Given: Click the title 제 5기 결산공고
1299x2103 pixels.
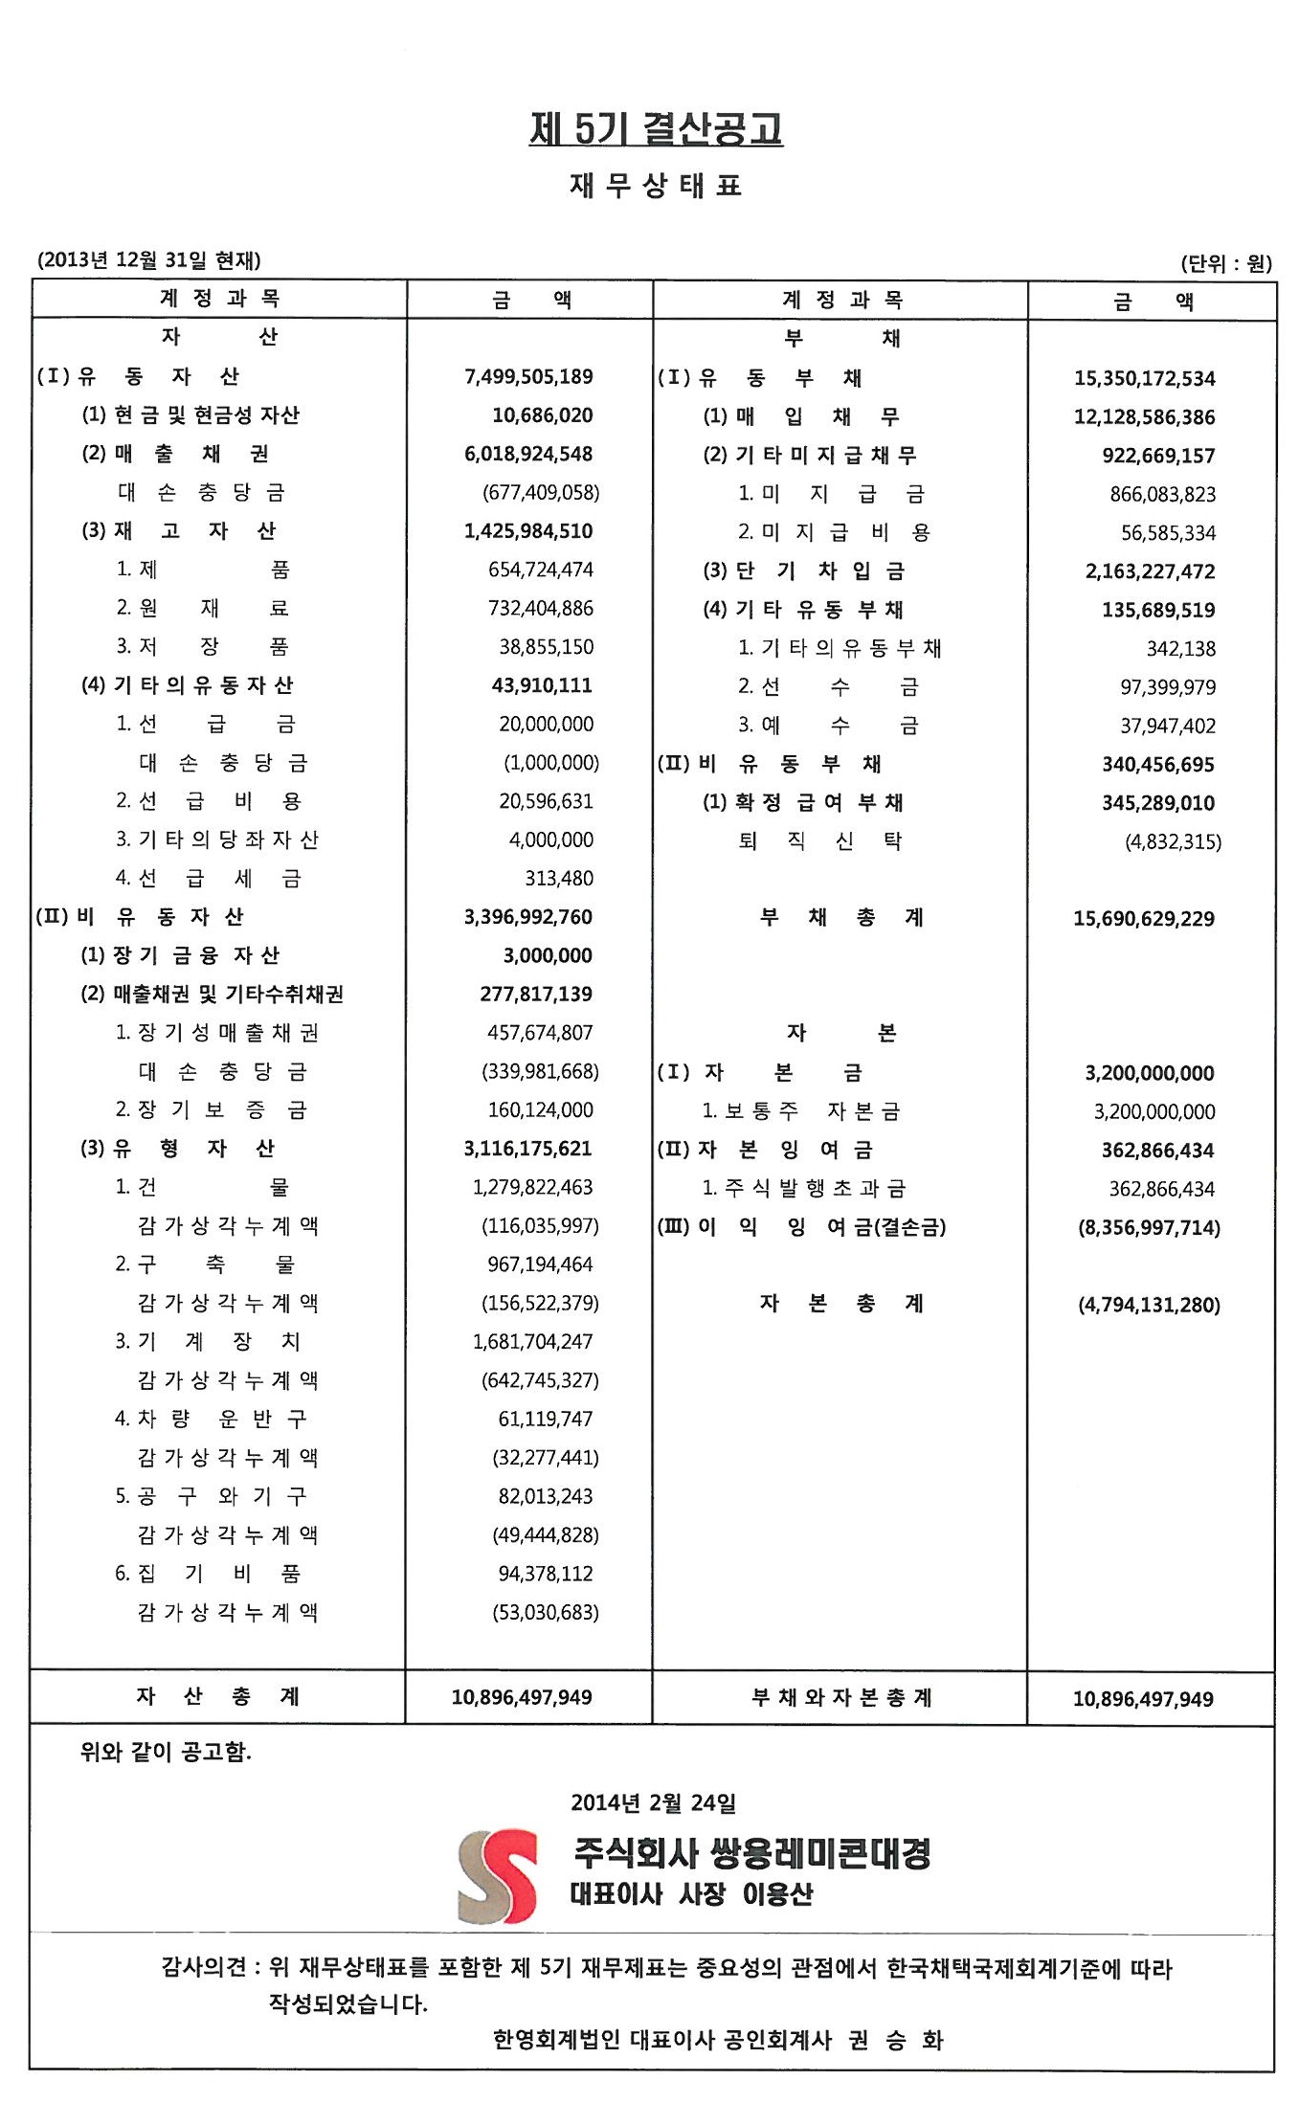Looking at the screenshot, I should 656,128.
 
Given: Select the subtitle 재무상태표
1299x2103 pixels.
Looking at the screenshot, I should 656,186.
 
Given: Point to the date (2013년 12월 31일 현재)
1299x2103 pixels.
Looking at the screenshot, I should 148,259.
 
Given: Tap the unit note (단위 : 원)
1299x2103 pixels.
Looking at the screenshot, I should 1225,262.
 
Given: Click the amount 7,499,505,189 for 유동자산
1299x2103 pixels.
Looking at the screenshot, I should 528,376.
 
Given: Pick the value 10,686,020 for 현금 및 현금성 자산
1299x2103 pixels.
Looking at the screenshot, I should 542,414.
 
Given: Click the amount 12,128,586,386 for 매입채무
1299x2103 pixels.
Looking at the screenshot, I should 1144,416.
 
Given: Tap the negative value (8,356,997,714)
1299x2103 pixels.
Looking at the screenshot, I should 1149,1227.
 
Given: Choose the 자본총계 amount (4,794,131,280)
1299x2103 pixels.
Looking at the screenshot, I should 1149,1305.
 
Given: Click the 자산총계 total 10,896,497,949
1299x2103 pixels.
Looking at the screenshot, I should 522,1697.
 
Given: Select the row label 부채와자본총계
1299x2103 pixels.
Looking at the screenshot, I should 840,1697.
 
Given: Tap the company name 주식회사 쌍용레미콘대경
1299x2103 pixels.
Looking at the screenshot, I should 751,1853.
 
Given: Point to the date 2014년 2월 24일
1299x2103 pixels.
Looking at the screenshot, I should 654,1802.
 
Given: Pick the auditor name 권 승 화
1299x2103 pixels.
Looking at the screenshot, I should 895,2041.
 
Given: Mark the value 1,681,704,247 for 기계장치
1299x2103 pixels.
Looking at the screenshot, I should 532,1341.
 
